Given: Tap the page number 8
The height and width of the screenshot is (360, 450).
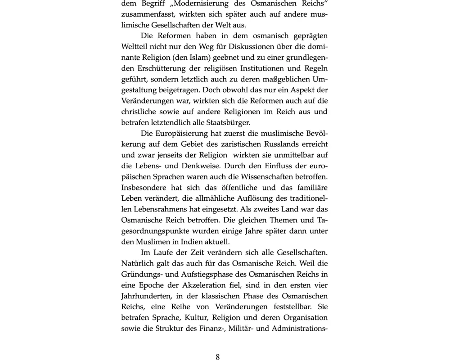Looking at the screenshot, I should click(x=218, y=357).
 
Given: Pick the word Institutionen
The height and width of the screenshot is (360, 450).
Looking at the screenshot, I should click(x=267, y=68).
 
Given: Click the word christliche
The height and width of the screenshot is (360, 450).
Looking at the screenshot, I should click(x=140, y=112).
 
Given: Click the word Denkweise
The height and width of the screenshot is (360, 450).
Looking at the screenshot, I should click(x=201, y=166).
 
